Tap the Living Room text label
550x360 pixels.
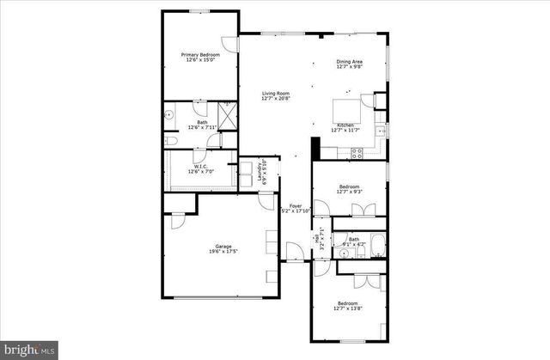[x=275, y=94]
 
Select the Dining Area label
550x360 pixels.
[x=349, y=62]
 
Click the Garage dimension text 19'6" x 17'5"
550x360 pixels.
[x=223, y=252]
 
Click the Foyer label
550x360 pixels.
[x=296, y=206]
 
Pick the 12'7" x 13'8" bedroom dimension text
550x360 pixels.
[x=348, y=308]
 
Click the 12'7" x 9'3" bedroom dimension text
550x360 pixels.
[x=350, y=192]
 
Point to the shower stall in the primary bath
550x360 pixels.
[x=227, y=114]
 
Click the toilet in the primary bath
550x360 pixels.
[x=170, y=140]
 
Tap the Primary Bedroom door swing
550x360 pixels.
[x=229, y=45]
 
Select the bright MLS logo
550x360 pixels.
[x=29, y=351]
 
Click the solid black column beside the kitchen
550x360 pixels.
[x=315, y=149]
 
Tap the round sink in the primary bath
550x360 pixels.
[x=169, y=113]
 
